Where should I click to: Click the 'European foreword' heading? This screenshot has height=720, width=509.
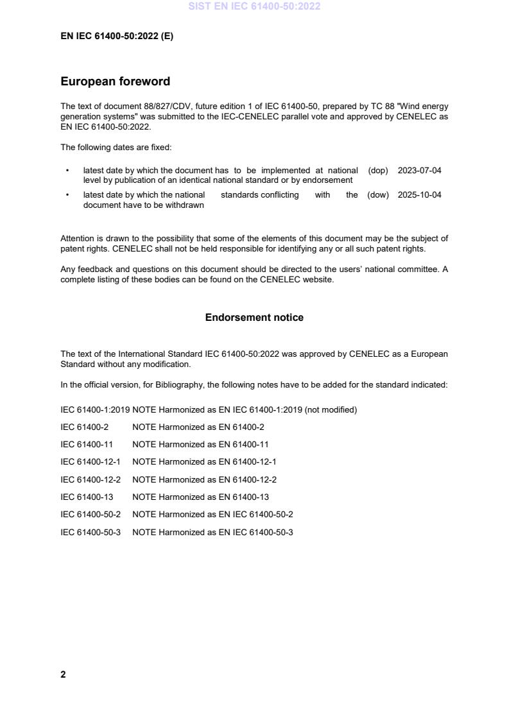tap(116, 81)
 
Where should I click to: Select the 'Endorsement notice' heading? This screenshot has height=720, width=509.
tap(254, 318)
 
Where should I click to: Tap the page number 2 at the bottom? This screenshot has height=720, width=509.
tap(63, 674)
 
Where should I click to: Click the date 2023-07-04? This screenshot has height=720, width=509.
tap(419, 171)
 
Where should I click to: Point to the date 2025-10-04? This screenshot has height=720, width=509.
tap(419, 195)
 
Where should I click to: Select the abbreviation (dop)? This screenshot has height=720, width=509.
tap(378, 171)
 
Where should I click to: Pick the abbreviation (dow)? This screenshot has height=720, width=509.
tap(378, 195)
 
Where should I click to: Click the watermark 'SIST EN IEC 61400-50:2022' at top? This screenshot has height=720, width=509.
tap(254, 6)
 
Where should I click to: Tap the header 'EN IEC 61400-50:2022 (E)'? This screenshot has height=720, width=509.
tap(117, 37)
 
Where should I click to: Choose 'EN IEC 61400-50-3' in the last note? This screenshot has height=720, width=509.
tap(256, 532)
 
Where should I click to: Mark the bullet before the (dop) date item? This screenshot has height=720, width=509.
tap(67, 171)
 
